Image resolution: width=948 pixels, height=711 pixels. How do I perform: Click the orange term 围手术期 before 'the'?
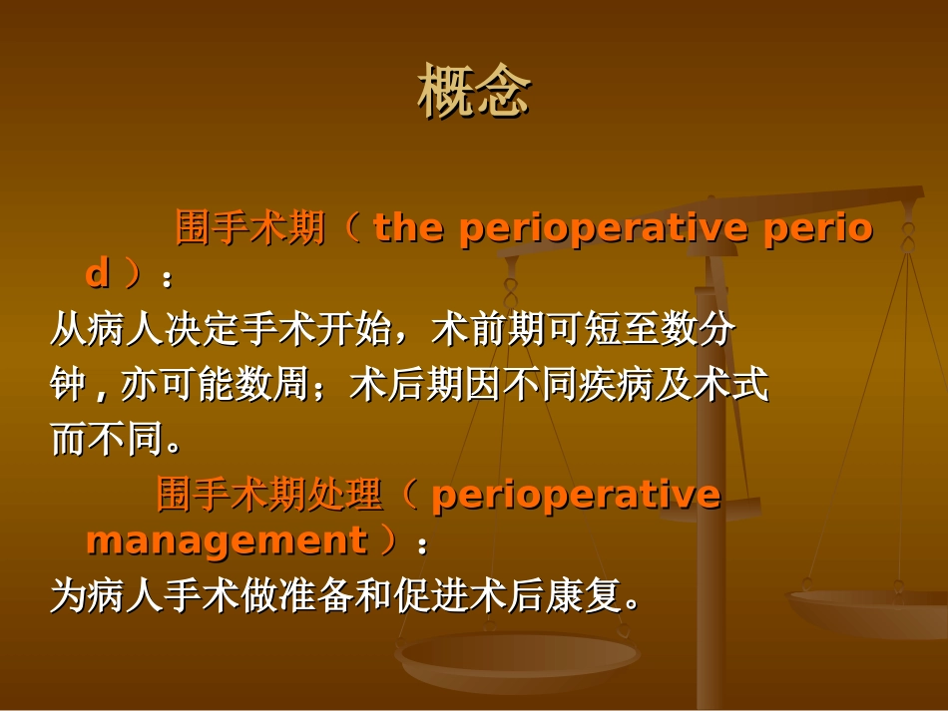(x=250, y=229)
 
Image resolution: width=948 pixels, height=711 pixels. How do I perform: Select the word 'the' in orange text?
(x=408, y=229)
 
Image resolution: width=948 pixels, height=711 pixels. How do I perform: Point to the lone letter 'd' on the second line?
(x=97, y=273)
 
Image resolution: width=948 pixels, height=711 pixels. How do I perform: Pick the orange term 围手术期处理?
(x=269, y=495)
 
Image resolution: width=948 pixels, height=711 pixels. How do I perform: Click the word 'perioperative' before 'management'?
(x=576, y=495)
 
